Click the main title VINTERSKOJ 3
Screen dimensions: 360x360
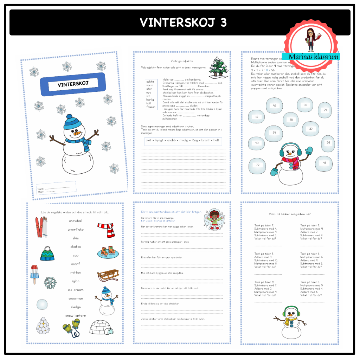coord(183,22)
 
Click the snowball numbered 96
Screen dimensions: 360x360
coord(275,105)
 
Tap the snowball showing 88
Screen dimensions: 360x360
coord(291,120)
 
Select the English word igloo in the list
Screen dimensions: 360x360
coord(76,281)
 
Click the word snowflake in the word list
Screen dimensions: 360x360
coord(76,230)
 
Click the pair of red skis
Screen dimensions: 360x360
coord(41,227)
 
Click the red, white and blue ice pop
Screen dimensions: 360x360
coord(34,274)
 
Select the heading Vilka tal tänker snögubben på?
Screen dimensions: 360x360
coord(289,214)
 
